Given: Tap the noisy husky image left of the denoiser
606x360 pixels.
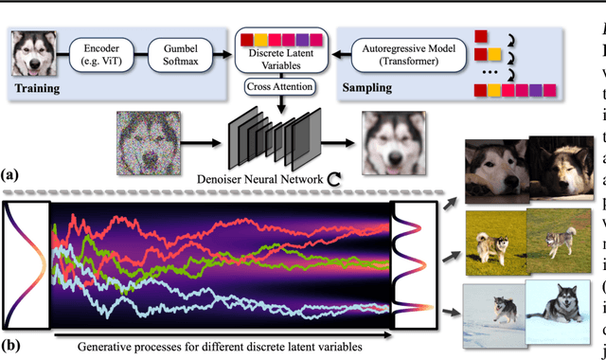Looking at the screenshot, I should click(149, 139).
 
